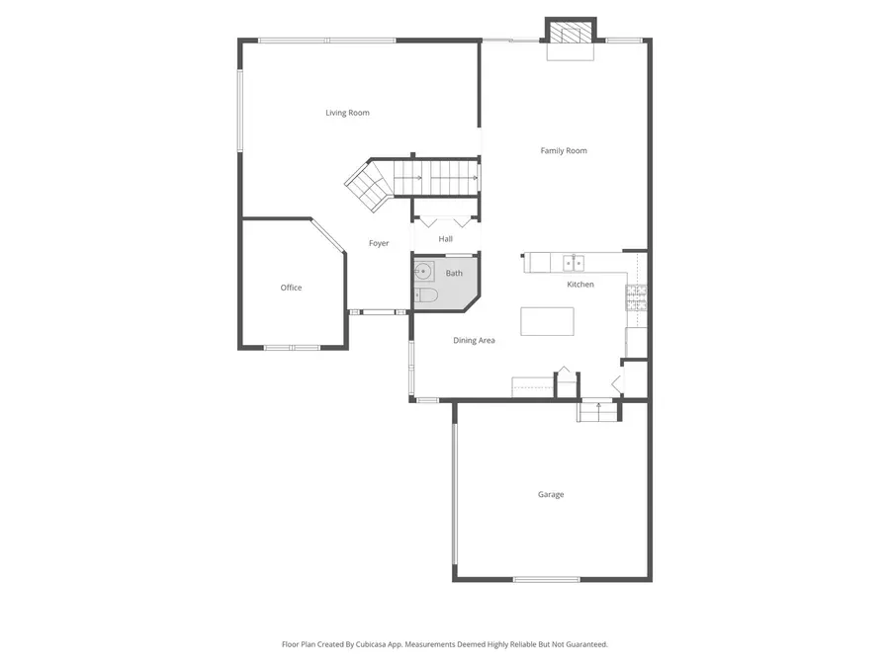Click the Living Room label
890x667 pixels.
point(347,113)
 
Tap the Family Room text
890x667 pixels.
point(564,151)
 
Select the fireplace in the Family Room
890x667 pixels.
point(571,34)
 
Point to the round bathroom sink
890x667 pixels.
point(424,271)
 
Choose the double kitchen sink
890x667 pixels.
point(573,263)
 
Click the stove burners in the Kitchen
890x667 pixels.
point(636,297)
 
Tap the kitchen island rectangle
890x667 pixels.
point(547,321)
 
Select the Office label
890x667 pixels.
point(291,288)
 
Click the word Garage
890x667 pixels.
point(551,494)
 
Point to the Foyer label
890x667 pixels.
point(379,243)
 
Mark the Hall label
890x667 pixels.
point(446,239)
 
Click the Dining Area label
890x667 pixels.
point(474,340)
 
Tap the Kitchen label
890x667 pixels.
point(580,285)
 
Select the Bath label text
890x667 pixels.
point(454,273)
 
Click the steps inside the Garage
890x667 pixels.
point(597,410)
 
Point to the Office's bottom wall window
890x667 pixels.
point(292,347)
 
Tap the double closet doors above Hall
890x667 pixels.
point(446,220)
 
